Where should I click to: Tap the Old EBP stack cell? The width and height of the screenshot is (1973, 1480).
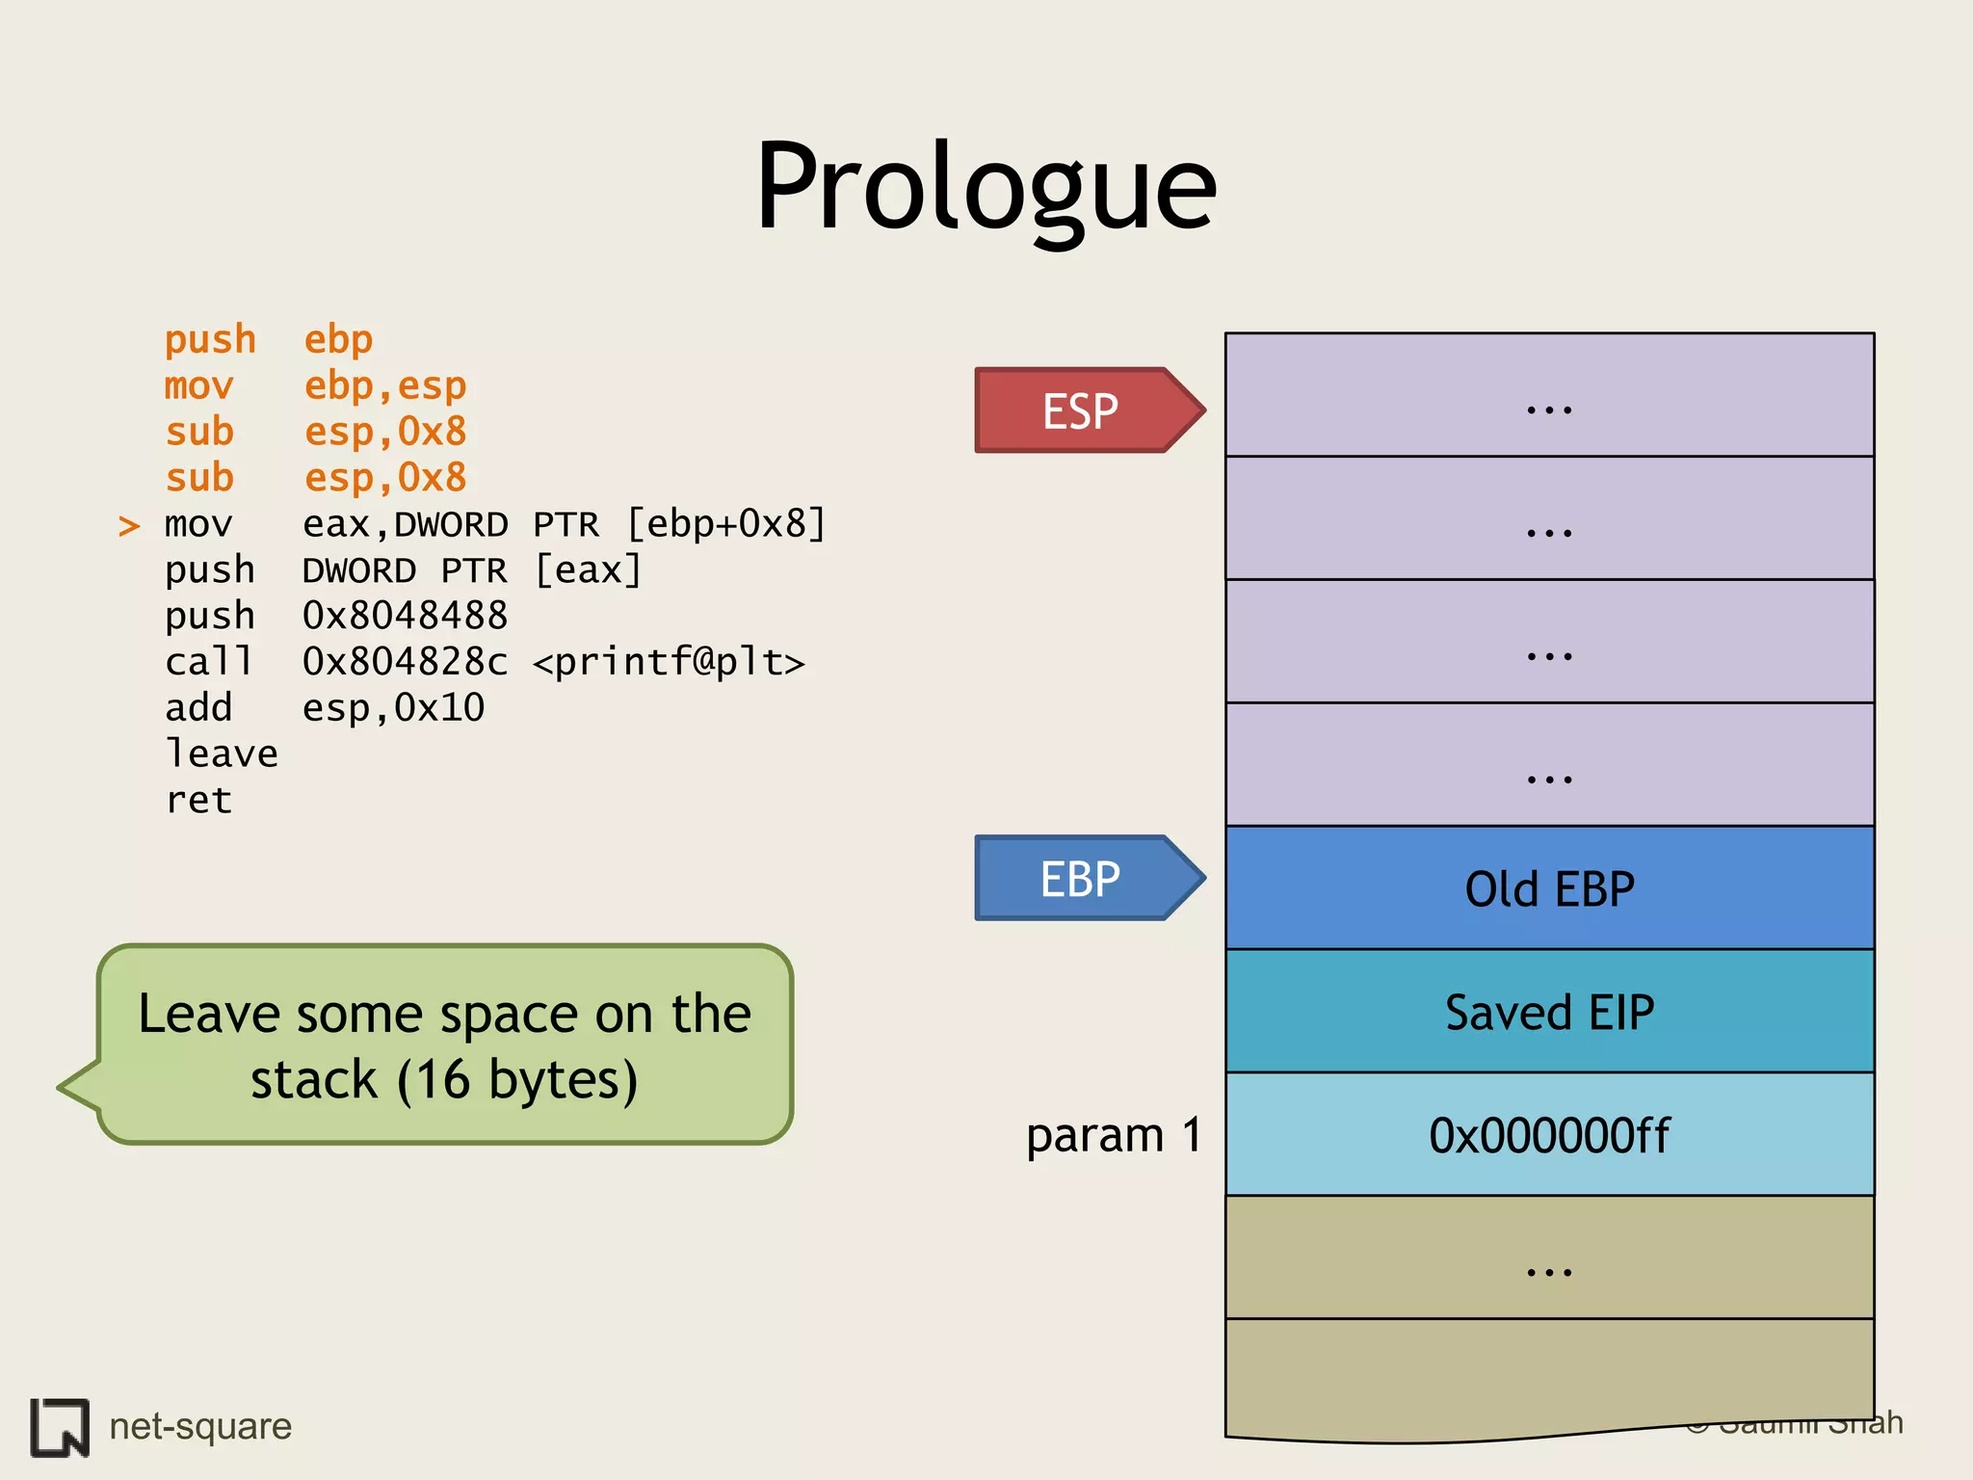click(x=1549, y=888)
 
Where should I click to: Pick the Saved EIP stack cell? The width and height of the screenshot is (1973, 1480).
click(x=1549, y=1012)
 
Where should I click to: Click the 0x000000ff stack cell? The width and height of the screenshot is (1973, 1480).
click(x=1549, y=1135)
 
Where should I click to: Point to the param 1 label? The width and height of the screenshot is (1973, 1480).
click(x=1114, y=1135)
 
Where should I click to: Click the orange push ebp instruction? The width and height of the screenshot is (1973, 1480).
click(x=268, y=340)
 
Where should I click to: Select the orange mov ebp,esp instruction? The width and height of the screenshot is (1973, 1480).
click(x=315, y=386)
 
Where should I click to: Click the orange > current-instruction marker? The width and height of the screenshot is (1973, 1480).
click(x=129, y=526)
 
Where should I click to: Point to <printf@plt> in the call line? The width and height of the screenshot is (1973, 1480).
click(x=669, y=663)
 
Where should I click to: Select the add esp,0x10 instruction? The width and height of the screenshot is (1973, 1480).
click(x=324, y=708)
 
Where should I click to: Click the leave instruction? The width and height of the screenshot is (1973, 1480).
click(x=222, y=754)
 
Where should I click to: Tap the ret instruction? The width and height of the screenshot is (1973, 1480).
click(x=198, y=801)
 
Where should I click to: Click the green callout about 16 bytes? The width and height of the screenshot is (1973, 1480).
click(x=444, y=1045)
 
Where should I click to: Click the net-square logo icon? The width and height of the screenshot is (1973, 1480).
click(x=60, y=1426)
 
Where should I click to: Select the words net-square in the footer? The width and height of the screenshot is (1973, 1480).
click(x=200, y=1426)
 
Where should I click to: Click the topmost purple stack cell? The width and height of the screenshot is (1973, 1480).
click(x=1549, y=395)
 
